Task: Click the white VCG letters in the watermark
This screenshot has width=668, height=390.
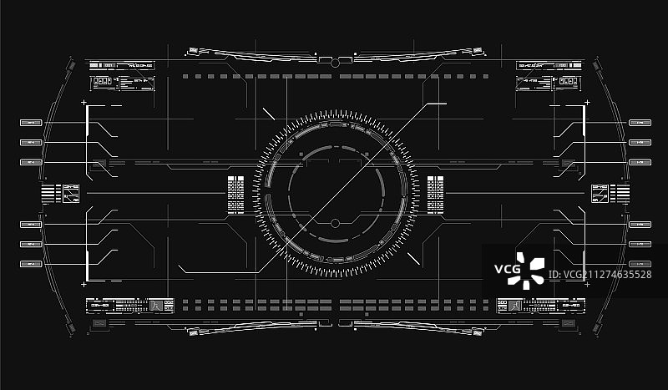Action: point(507,269)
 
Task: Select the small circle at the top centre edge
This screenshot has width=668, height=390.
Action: point(335,62)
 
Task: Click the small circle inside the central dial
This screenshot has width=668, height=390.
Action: point(335,224)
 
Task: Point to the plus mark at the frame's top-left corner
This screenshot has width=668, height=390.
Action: point(83,103)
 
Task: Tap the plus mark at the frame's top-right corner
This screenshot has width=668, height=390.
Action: point(586,103)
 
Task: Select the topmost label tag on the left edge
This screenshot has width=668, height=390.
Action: point(31,122)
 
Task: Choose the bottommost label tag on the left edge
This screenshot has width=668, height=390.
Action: point(31,264)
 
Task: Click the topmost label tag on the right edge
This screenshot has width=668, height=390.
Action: point(639,122)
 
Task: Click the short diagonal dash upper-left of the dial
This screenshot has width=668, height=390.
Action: point(268,114)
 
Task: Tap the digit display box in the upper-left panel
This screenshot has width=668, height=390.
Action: point(102,81)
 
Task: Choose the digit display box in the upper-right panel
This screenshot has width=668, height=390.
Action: point(568,81)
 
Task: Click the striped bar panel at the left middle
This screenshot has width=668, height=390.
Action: point(51,194)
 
